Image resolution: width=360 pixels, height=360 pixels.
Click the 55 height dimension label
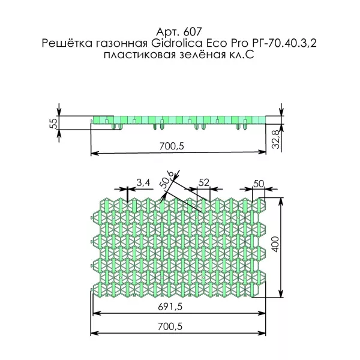53,123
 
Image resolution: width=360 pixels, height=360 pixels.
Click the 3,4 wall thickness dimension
143,182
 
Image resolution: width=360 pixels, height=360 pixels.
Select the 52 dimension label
203,182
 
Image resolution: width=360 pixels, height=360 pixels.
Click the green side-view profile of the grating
180,120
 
